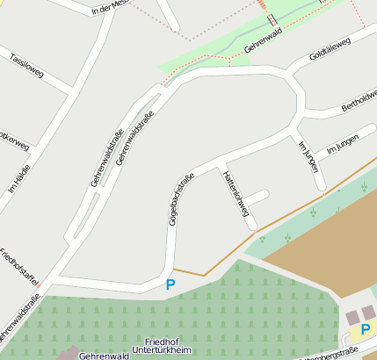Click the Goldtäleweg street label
(x=330, y=48)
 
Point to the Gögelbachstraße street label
(x=179, y=200)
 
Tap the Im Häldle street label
(x=18, y=178)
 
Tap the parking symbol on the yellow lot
(x=365, y=330)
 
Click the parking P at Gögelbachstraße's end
(x=170, y=284)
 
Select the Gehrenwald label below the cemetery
(x=105, y=356)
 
